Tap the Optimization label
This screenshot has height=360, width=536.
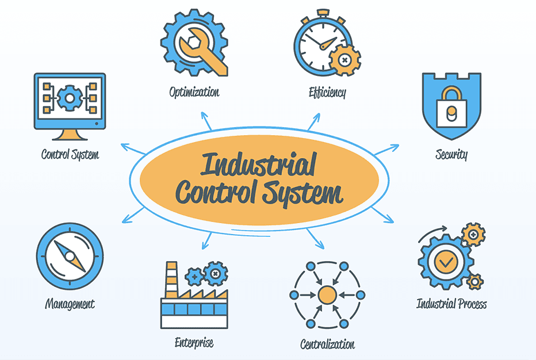coord(194,91)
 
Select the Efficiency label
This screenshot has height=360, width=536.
coord(327,91)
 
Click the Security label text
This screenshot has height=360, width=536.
coord(451,154)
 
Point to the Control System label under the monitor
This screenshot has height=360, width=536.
coord(70,154)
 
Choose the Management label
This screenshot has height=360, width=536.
coord(70,304)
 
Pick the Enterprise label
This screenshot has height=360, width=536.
coord(194,343)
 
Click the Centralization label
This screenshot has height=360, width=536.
coord(327,344)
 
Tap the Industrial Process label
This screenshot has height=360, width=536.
coord(451,303)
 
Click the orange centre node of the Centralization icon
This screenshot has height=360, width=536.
coord(327,295)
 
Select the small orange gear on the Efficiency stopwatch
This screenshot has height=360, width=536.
coord(344,59)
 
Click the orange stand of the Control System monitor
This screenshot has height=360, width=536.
coord(70,135)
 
